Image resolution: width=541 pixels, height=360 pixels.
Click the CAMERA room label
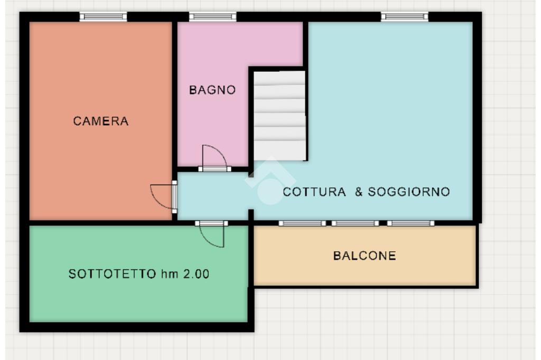[x=101, y=121]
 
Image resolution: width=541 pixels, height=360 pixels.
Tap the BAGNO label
[x=212, y=90]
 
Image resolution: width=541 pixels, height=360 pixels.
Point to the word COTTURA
[x=314, y=192]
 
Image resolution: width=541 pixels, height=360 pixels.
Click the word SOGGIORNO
[x=409, y=192]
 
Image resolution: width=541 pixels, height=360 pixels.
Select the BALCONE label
[x=365, y=255]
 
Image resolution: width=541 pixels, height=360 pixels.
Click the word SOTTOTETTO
[x=113, y=274]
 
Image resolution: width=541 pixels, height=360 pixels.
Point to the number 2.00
[x=196, y=274]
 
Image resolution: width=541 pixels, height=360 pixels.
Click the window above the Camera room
[x=103, y=16]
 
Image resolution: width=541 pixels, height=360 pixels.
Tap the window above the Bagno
[x=212, y=16]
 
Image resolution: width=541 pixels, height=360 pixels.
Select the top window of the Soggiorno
[x=404, y=16]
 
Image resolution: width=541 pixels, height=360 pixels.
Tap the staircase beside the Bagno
[x=280, y=116]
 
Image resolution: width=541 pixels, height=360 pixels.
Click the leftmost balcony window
[x=302, y=223]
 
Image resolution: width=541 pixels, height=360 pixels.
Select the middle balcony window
[x=355, y=223]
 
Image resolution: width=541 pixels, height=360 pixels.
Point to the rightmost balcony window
[x=411, y=223]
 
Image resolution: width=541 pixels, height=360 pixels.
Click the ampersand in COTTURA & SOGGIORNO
[x=359, y=192]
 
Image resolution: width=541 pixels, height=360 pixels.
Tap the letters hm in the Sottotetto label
[x=170, y=274]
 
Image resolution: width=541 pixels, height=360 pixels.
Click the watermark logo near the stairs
[x=270, y=181]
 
